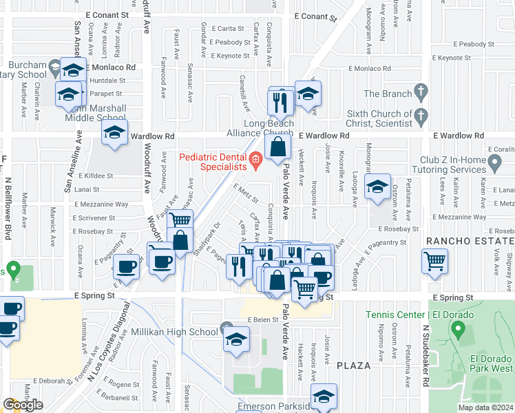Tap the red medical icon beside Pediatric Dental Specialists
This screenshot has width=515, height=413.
[x=255, y=162]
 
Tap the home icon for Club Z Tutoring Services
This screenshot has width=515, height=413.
[x=494, y=164]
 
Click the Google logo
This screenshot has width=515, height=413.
[x=23, y=405]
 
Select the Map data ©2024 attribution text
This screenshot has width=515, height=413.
[x=483, y=407]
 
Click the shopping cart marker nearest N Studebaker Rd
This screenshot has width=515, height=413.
[x=434, y=261]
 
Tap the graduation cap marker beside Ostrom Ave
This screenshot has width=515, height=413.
[x=377, y=188]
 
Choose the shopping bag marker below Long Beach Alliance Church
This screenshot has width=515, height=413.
[x=277, y=147]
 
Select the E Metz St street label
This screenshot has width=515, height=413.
[x=246, y=195]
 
